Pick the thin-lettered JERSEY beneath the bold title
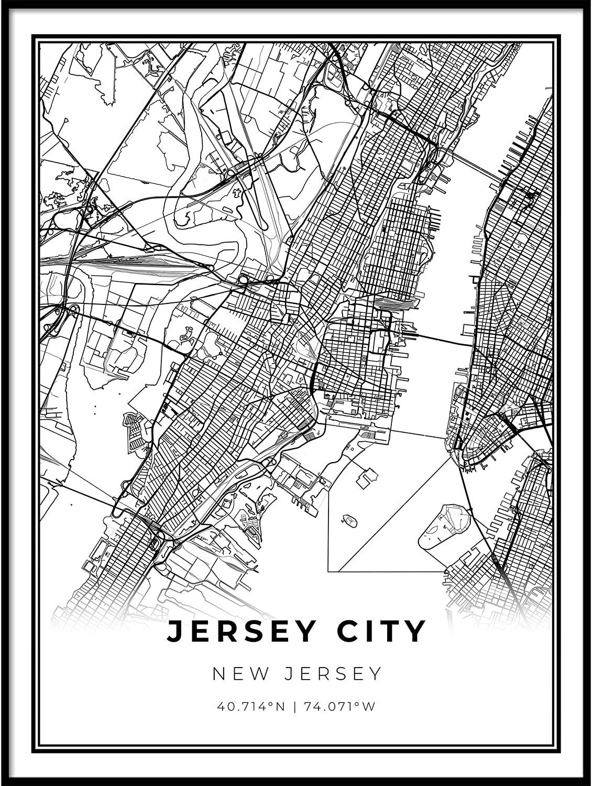330,673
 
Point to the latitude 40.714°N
251,706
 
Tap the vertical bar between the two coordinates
297,706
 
